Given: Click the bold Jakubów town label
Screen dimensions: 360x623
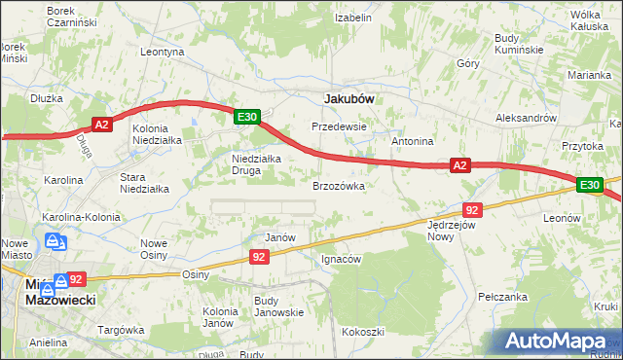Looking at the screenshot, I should click(349, 98).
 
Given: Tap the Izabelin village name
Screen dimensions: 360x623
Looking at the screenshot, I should click(354, 18).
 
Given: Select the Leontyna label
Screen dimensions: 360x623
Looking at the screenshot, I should click(163, 52).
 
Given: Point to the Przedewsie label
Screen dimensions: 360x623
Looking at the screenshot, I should click(339, 126).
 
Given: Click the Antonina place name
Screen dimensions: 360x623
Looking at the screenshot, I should click(413, 141).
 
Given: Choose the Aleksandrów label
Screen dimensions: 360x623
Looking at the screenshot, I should click(526, 116).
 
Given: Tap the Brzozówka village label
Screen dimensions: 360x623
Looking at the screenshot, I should click(339, 185).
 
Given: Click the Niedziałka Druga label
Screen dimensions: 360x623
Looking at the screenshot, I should click(256, 164).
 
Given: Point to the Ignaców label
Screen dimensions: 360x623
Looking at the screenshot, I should click(342, 260).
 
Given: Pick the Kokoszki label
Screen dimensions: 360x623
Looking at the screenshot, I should click(362, 332).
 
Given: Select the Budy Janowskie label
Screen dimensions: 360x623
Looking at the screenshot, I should click(279, 306).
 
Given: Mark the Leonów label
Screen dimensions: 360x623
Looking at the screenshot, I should click(563, 219).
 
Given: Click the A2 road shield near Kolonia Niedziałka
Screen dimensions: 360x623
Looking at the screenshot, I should click(103, 124).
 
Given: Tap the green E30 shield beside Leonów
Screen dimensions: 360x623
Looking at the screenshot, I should click(589, 185).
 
